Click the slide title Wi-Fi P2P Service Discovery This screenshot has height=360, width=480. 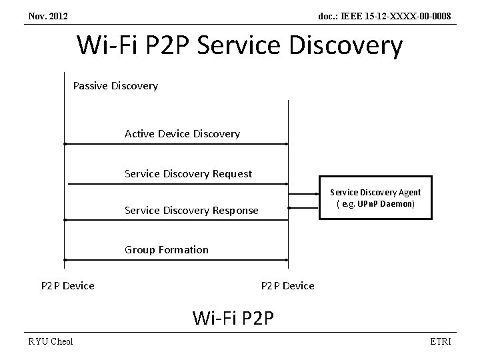[240, 45]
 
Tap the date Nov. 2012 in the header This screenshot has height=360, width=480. [48, 15]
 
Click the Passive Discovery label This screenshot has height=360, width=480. [115, 86]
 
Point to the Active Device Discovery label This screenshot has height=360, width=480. [182, 134]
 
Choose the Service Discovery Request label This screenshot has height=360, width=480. [188, 174]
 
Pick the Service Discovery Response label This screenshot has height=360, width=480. [191, 211]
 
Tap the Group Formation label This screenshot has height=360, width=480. [166, 250]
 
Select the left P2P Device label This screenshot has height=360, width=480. [67, 286]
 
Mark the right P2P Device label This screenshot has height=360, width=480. [287, 286]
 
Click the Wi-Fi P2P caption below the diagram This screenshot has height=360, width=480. [233, 317]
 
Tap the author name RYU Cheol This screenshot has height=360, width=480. [51, 342]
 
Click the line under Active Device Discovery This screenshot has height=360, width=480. [176, 143]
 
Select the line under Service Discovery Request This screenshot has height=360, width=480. [176, 183]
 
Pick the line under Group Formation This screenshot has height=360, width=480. [176, 259]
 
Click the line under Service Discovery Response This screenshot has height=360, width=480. [176, 219]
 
